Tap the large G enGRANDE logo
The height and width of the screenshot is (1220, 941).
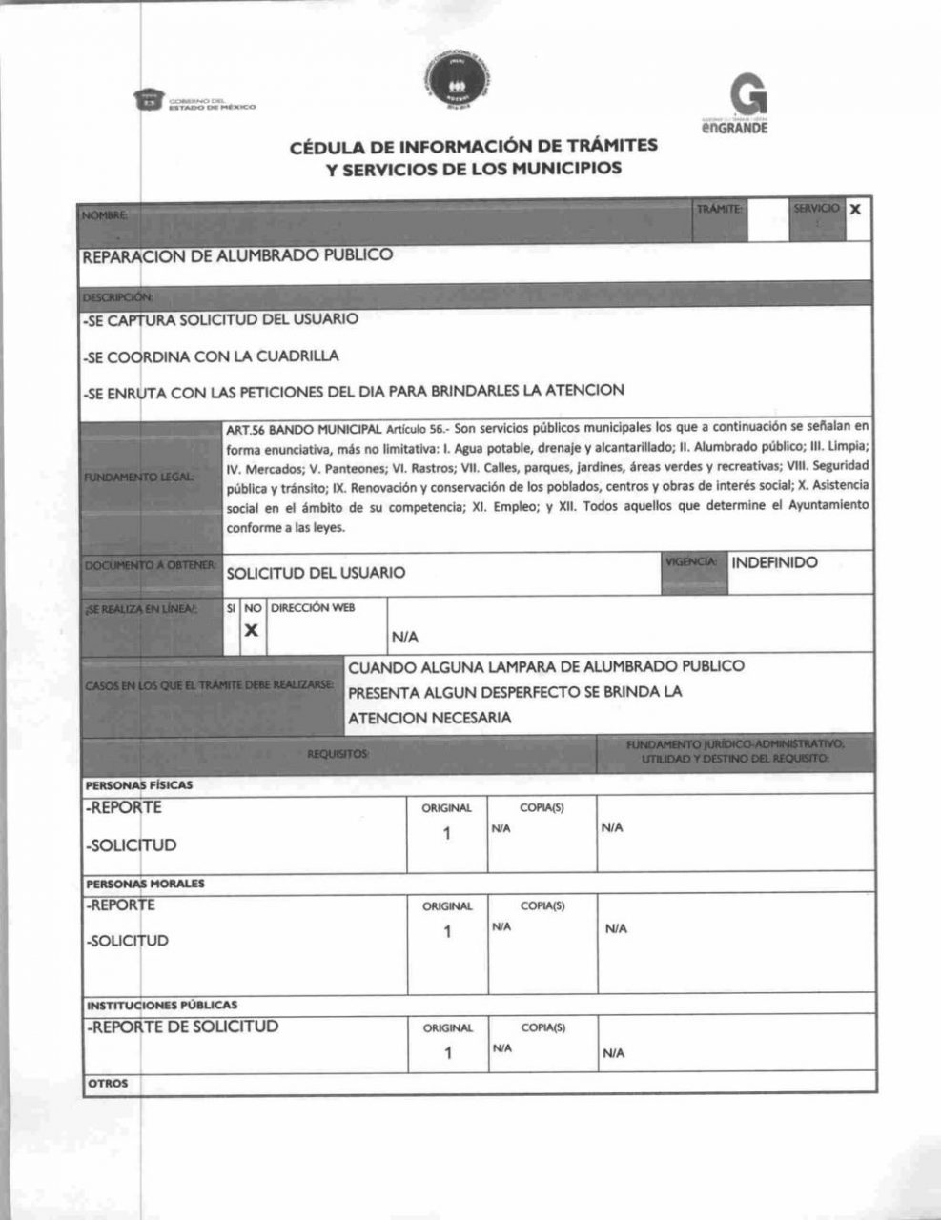(747, 103)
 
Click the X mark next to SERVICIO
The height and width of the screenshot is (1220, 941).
(855, 209)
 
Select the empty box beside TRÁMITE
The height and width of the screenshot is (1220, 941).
(767, 220)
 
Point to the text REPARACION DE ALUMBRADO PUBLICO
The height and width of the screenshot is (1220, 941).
(237, 255)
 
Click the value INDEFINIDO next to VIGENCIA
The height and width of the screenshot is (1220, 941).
(774, 562)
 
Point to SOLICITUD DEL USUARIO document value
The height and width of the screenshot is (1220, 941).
(316, 573)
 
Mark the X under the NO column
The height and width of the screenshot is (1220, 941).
(252, 630)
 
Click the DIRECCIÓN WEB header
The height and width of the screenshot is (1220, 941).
(313, 607)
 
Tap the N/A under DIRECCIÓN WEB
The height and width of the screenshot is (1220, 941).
(404, 638)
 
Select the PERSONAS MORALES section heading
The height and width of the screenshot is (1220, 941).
(145, 884)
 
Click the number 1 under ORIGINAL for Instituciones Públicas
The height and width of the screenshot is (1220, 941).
(447, 1053)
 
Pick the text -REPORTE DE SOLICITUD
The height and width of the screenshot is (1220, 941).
(183, 1027)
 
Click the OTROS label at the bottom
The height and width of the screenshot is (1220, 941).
(108, 1083)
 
